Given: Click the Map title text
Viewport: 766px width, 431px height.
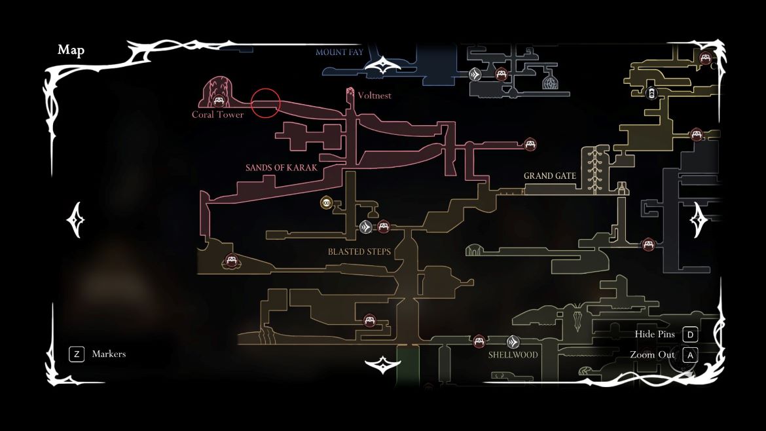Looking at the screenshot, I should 71,50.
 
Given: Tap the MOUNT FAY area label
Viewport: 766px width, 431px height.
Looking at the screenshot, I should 339,52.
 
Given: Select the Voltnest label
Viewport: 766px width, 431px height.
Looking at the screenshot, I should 374,96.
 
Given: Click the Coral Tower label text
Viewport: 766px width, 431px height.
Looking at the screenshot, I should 217,115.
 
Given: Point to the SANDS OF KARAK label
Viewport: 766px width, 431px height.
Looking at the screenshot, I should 282,168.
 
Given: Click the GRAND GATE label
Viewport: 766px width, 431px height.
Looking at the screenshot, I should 550,176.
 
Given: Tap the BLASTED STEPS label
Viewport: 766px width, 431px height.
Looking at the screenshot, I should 359,252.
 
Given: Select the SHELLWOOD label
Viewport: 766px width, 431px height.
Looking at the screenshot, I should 513,355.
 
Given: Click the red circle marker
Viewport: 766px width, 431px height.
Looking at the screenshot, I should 266,103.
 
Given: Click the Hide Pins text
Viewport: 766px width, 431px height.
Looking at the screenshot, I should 655,335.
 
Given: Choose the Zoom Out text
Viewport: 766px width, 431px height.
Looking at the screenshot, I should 652,355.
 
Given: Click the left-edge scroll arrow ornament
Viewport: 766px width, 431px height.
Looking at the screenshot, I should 76,219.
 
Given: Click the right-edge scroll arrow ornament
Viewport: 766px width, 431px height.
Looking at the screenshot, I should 699,219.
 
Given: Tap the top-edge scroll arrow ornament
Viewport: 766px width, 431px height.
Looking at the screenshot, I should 383,66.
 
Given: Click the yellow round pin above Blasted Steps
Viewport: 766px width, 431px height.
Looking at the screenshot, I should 326,203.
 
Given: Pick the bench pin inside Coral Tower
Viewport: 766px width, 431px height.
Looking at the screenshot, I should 218,102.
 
